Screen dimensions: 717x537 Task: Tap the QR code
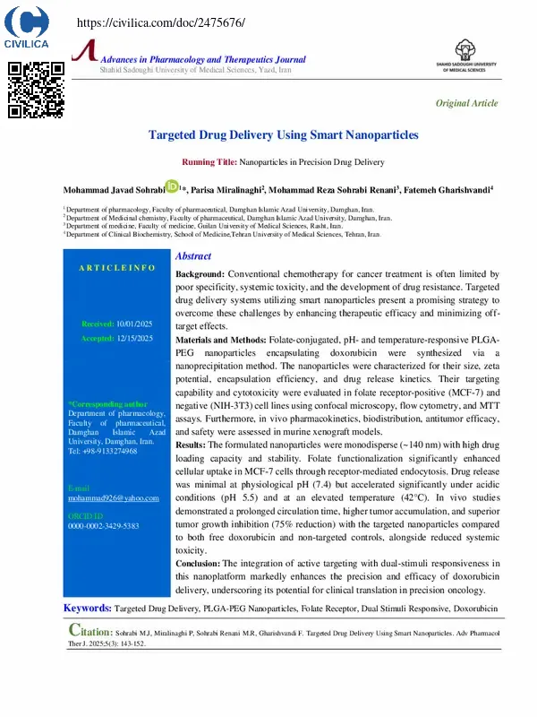37,90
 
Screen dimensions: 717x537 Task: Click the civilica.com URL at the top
161,22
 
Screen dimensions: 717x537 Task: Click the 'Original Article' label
466,103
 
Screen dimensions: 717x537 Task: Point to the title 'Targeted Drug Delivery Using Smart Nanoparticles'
283,135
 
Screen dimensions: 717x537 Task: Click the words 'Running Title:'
209,162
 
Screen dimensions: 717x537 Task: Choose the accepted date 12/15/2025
135,338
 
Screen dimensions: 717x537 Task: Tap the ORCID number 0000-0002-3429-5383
103,526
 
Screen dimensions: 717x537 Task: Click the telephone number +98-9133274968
111,451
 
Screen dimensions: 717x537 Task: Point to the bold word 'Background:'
200,272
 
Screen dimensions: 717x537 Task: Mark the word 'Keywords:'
87,609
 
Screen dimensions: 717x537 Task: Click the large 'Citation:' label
92,630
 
